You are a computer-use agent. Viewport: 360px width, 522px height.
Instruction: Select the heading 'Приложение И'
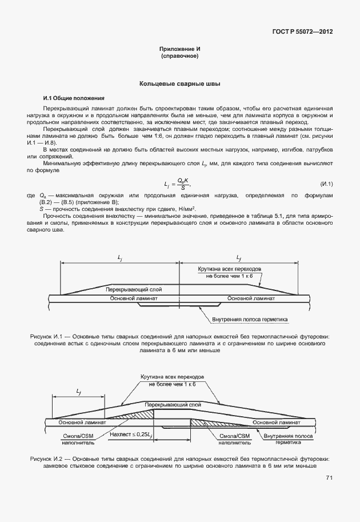(x=180, y=50)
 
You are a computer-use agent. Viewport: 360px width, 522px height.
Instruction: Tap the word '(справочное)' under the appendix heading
(x=180, y=57)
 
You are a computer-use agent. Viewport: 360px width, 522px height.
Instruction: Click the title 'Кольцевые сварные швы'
(x=180, y=84)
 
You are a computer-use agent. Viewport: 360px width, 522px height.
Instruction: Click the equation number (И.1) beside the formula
(x=326, y=184)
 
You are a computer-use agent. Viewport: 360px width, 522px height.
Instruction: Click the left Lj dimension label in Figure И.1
(x=119, y=258)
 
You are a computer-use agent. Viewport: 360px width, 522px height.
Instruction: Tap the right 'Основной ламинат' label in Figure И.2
(x=277, y=422)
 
